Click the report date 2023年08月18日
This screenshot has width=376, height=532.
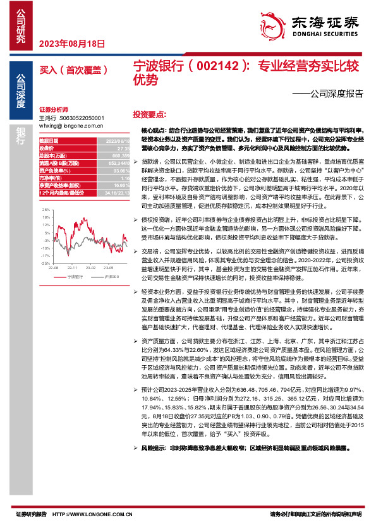click(x=71, y=44)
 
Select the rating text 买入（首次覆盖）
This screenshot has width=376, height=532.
click(x=78, y=70)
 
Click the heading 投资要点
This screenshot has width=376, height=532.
click(x=149, y=115)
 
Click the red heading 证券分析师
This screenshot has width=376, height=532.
click(x=53, y=109)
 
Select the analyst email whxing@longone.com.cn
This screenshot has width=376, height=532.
click(x=71, y=126)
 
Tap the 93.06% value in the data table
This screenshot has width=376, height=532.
click(x=121, y=171)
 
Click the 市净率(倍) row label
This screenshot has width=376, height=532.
click(x=52, y=178)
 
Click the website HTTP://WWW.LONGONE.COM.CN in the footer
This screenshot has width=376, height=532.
click(x=92, y=515)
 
